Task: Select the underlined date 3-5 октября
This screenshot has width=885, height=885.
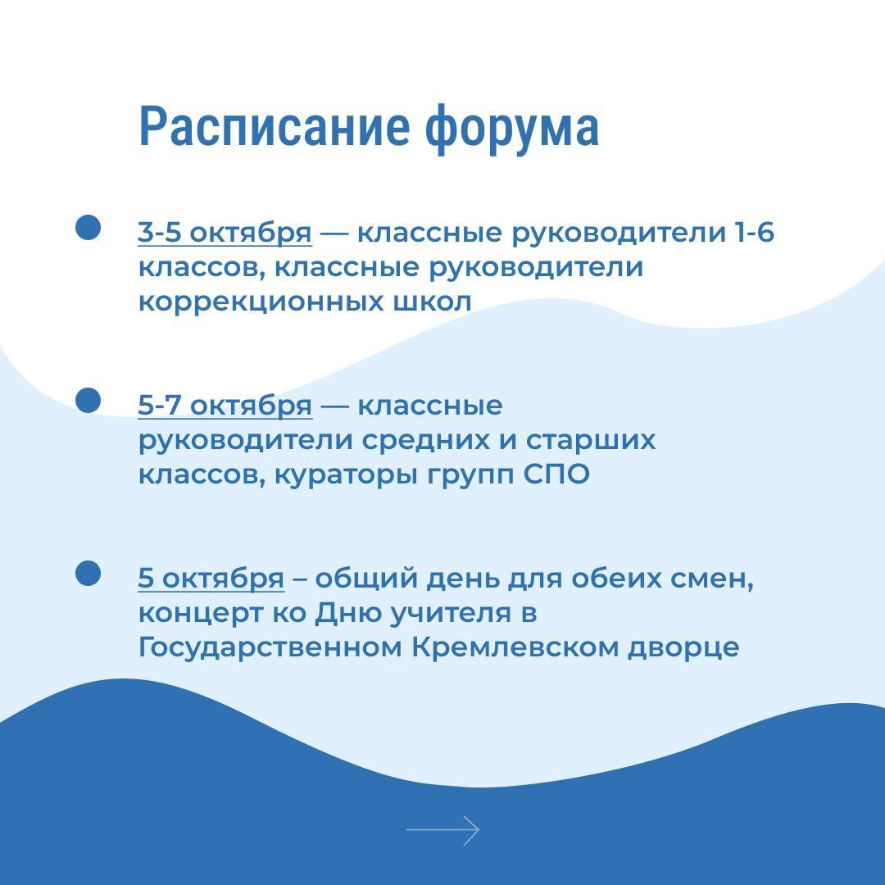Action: (225, 234)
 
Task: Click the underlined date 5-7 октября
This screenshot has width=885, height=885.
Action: (225, 406)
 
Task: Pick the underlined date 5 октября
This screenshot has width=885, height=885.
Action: (211, 579)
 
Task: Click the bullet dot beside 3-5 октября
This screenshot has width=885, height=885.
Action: (88, 228)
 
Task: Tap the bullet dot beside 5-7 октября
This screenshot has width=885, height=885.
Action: (88, 400)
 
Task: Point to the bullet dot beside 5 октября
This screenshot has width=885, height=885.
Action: (88, 573)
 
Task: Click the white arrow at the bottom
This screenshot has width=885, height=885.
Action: (442, 830)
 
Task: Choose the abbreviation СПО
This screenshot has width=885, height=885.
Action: (556, 474)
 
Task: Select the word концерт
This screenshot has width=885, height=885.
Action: (201, 614)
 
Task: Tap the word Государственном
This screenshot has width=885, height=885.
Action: (270, 648)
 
